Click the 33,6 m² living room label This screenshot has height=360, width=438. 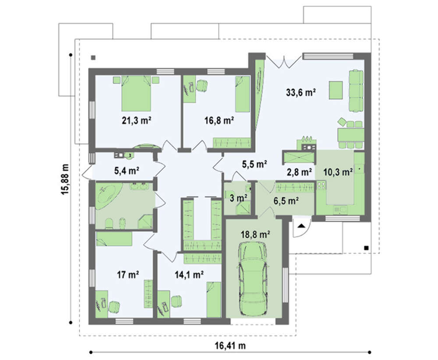point(301,92)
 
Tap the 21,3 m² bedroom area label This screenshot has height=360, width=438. point(137,120)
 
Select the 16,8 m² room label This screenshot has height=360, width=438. point(219,120)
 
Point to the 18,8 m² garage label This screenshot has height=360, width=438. point(255,235)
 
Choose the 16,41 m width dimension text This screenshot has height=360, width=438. point(230,346)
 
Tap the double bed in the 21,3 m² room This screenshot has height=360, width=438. point(136,93)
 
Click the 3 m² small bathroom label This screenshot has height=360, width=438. point(238,198)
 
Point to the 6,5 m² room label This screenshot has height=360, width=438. point(286,201)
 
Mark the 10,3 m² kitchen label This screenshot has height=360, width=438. point(338,172)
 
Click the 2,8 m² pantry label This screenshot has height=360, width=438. point(299,172)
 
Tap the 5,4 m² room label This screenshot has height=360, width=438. point(127,170)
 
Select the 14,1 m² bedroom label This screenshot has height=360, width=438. point(189,275)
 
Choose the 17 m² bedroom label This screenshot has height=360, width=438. point(127,275)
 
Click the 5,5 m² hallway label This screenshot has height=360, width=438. point(254,164)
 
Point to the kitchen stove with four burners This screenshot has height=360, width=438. point(321,185)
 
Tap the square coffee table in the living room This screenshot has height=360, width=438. point(336,90)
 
